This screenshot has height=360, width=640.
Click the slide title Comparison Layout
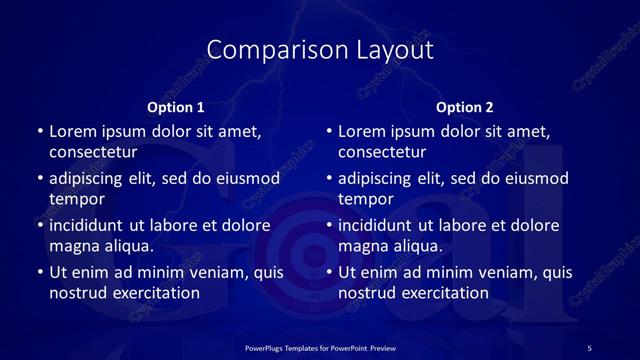click(x=320, y=49)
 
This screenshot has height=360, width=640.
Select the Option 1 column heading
click(x=175, y=107)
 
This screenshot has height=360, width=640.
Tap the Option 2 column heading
click(x=465, y=107)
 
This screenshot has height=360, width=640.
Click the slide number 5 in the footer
click(x=589, y=347)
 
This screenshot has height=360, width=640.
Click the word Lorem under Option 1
click(x=73, y=131)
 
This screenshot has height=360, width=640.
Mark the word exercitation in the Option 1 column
click(x=153, y=293)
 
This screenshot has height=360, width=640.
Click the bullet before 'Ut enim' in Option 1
click(x=39, y=272)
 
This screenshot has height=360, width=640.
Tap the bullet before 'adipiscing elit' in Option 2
click(x=329, y=178)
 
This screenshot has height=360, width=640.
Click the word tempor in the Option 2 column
click(x=367, y=199)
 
